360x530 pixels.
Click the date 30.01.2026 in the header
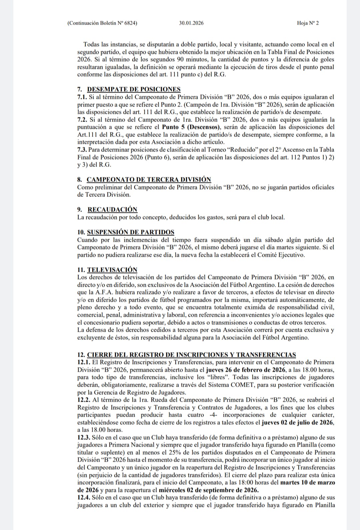click(x=191, y=23)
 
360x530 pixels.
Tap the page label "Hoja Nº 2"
click(x=307, y=23)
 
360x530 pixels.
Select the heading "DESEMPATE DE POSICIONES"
click(x=134, y=89)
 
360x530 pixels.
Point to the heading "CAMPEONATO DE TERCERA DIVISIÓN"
click(x=149, y=180)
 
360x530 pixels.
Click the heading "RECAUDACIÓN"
click(x=112, y=210)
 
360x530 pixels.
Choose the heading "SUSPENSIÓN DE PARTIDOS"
click(x=130, y=232)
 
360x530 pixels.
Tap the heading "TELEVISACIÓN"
click(x=112, y=270)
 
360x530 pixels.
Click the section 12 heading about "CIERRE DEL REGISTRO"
click(x=191, y=355)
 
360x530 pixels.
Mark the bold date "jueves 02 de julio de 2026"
click(x=298, y=422)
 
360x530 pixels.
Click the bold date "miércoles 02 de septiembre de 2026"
click(x=209, y=490)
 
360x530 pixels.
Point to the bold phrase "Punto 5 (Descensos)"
click(x=191, y=127)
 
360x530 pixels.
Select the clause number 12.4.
click(x=83, y=498)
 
